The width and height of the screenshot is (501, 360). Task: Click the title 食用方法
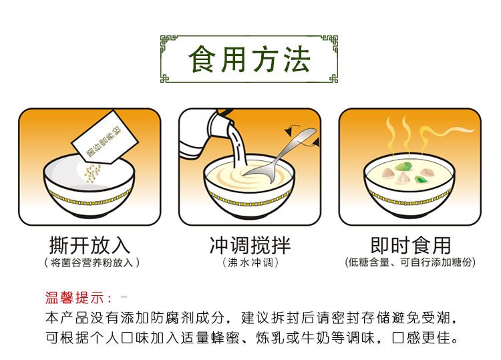coord(250,59)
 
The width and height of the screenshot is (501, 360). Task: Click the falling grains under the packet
coord(92,175)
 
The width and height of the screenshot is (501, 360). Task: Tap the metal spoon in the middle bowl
coord(281,157)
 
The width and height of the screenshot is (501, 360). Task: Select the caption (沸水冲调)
coord(250,263)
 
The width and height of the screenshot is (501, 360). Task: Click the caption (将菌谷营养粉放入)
coord(90,263)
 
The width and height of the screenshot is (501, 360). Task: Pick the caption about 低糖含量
coord(410,263)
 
